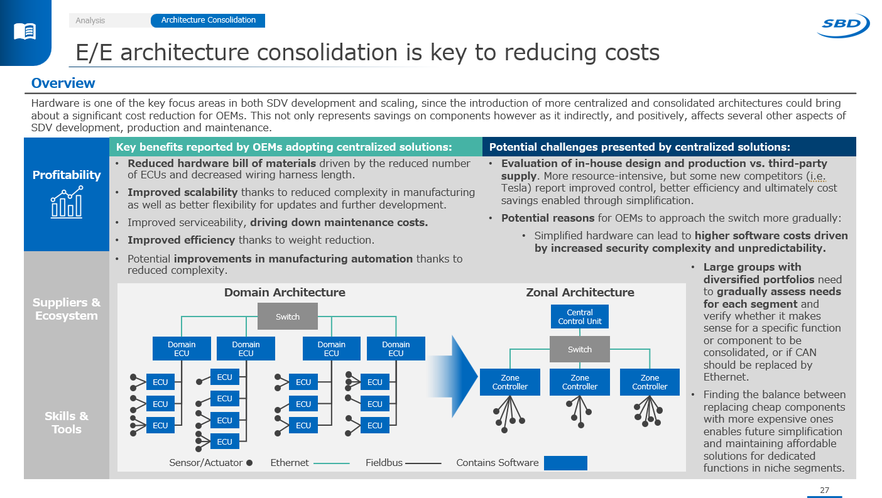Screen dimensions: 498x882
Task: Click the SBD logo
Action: (842, 25)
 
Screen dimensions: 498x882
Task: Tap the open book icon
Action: (25, 31)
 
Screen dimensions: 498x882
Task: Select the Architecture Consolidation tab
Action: (208, 20)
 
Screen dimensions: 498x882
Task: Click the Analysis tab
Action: (90, 21)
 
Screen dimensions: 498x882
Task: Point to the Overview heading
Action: (63, 84)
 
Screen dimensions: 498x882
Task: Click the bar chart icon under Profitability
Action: (67, 202)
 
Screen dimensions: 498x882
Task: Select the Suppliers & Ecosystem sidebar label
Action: (67, 309)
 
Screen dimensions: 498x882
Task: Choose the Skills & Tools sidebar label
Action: (67, 423)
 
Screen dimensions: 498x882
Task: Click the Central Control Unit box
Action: (580, 317)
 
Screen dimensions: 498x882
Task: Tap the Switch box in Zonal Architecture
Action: (580, 349)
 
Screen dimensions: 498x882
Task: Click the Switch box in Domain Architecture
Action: (288, 317)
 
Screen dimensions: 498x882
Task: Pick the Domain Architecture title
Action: (285, 292)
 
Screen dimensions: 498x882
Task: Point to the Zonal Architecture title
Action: (580, 292)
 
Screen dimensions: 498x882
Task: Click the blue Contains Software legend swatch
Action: (565, 463)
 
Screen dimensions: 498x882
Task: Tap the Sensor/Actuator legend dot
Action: (249, 463)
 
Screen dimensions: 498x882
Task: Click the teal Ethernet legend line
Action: (331, 463)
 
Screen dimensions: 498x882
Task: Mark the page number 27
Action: (824, 490)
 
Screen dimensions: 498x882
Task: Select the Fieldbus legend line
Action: (423, 463)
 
